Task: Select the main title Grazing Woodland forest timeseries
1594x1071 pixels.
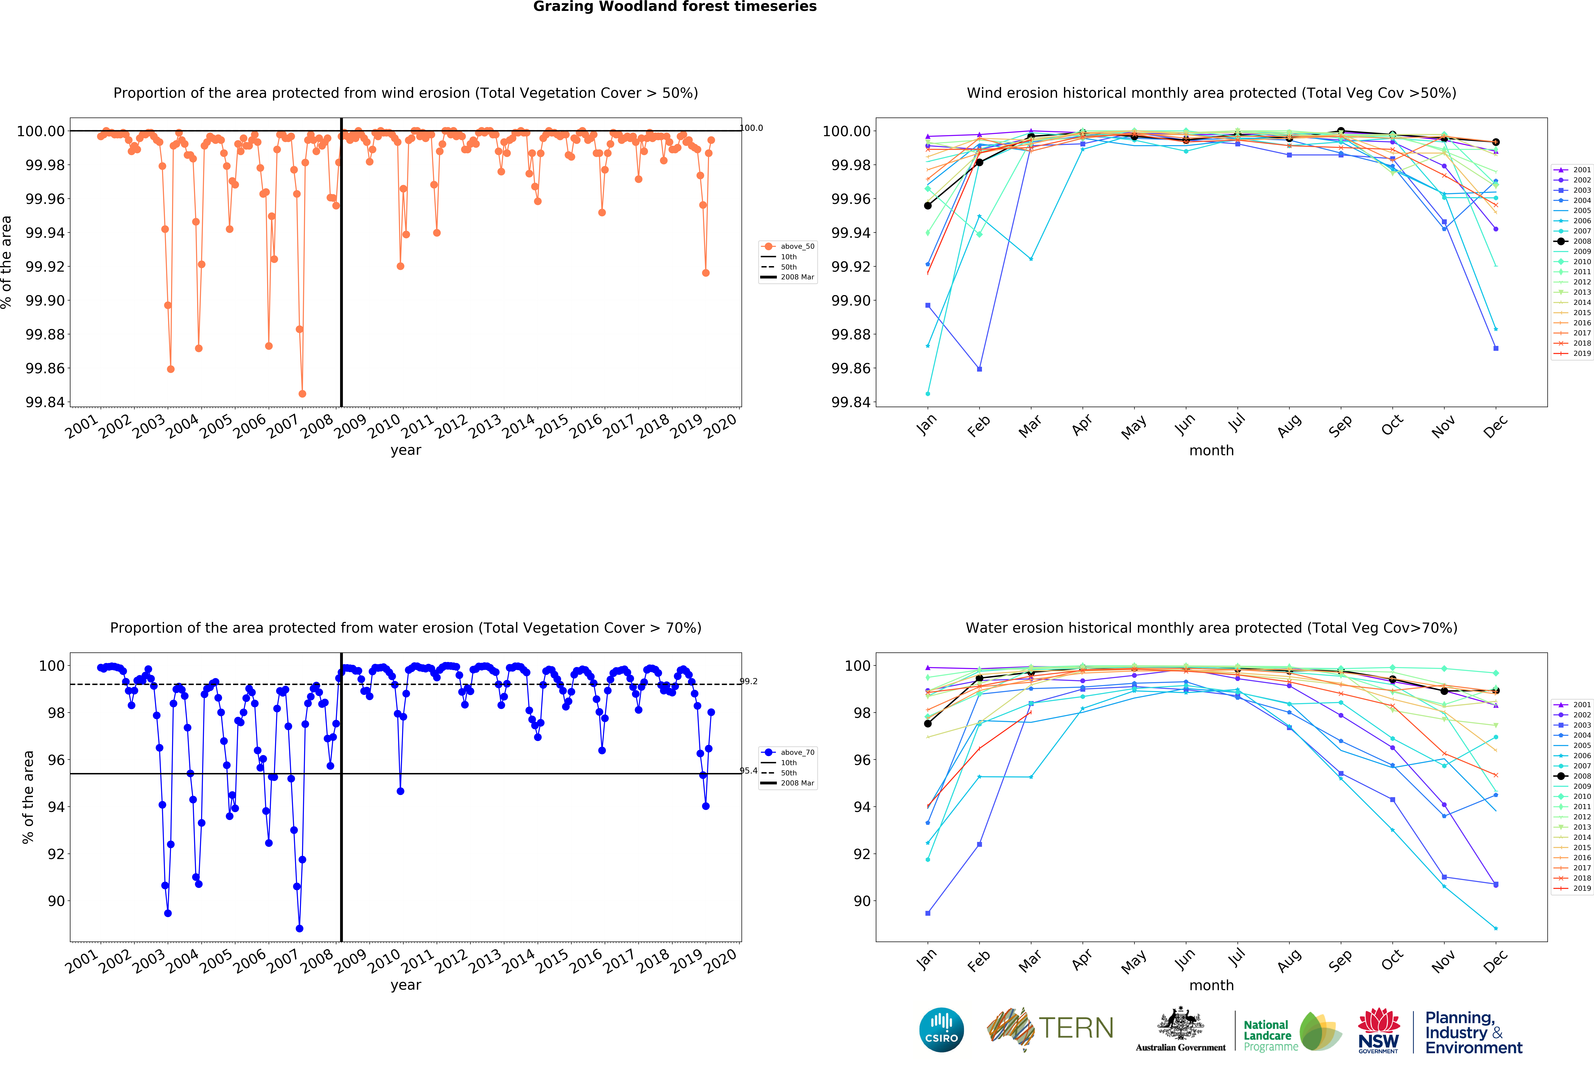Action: (x=675, y=7)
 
